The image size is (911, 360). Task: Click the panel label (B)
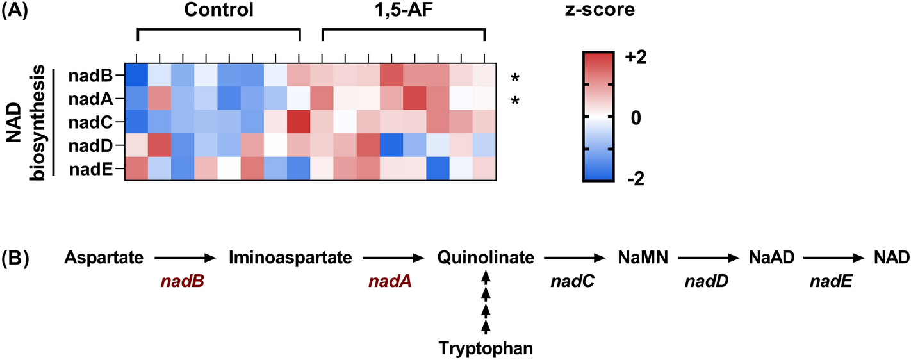[15, 258]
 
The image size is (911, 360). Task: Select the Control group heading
[218, 10]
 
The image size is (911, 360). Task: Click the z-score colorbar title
[605, 10]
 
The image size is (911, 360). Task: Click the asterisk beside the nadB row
[514, 79]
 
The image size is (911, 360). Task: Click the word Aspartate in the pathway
[103, 258]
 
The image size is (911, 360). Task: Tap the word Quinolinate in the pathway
[486, 258]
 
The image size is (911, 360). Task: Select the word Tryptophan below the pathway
[486, 348]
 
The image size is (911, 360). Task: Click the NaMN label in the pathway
[642, 258]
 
